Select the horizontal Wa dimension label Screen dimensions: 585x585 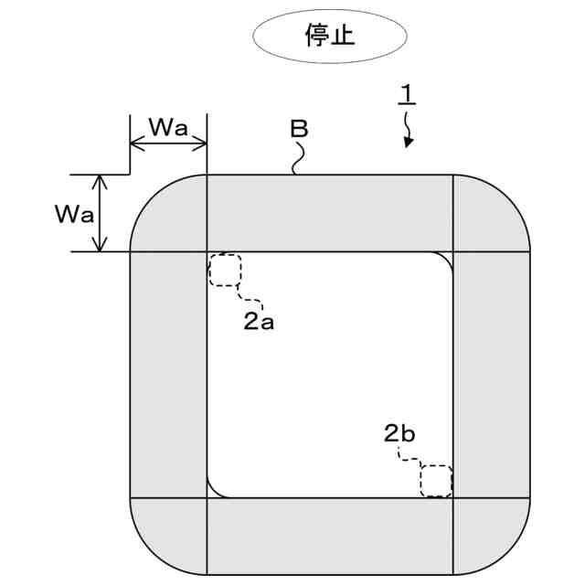(168, 127)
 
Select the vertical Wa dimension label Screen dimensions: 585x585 (72, 214)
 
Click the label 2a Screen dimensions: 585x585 (259, 321)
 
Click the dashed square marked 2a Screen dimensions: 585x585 (225, 271)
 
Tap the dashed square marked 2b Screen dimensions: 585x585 (436, 480)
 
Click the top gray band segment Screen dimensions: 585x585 (329, 212)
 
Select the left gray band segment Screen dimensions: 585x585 (169, 374)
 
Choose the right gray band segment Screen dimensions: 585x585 (491, 374)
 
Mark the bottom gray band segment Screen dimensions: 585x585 (329, 535)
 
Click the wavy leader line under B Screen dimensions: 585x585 (296, 159)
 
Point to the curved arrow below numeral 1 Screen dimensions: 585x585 (408, 132)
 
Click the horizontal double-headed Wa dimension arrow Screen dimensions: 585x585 (168, 144)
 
